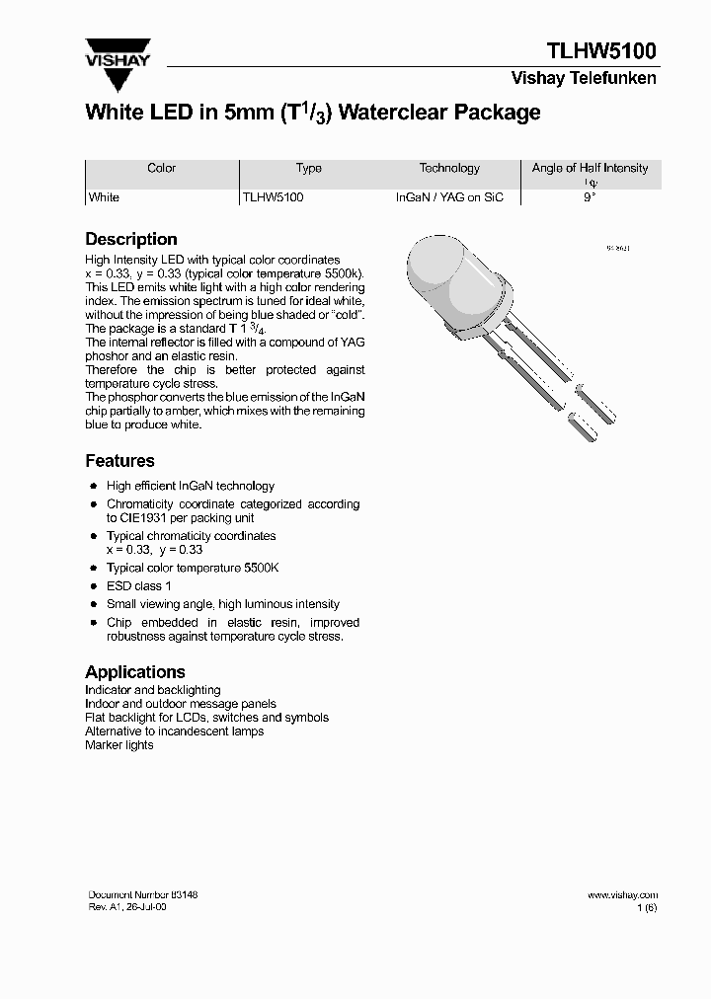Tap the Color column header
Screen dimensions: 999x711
pos(161,168)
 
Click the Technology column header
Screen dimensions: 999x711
pos(449,168)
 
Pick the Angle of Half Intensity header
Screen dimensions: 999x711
pos(590,168)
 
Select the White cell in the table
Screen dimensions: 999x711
pos(104,197)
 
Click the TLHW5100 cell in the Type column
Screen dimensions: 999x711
pos(274,197)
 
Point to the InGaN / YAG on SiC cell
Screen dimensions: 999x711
pos(449,197)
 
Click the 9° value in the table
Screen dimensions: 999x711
pos(590,197)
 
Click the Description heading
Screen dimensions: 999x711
pos(131,239)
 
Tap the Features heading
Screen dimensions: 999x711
pos(119,461)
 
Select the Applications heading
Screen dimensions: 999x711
pos(135,671)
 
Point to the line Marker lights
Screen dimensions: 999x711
pos(119,745)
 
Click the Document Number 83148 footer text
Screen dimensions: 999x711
pos(143,894)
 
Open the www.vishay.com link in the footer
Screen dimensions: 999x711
pos(622,895)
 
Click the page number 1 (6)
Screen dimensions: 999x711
pos(646,907)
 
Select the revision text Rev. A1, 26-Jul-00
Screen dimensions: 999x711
pos(127,907)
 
